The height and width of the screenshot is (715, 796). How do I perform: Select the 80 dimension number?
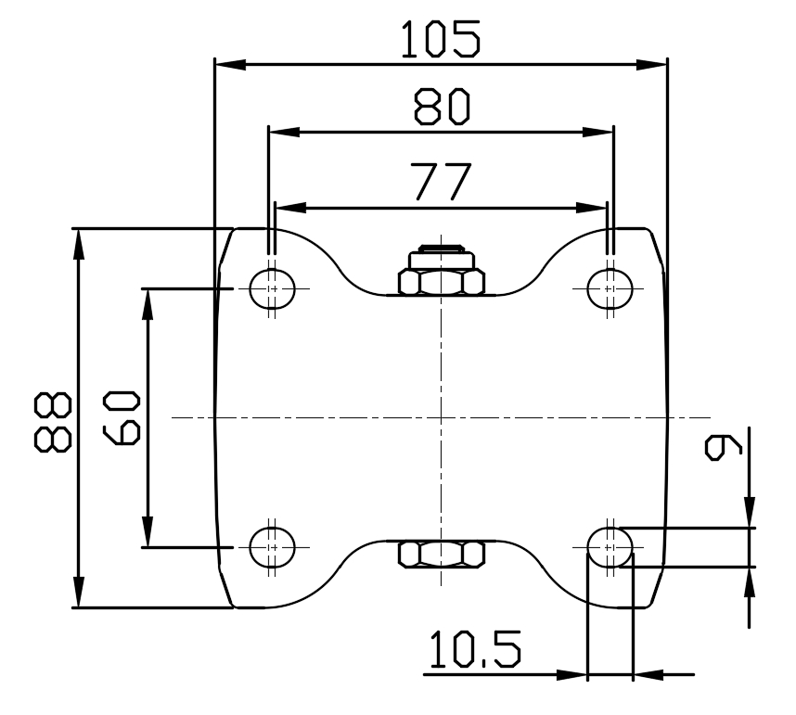pyautogui.click(x=442, y=108)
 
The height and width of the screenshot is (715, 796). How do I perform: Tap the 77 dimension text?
pyautogui.click(x=442, y=183)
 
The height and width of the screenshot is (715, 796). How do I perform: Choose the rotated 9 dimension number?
pyautogui.click(x=725, y=445)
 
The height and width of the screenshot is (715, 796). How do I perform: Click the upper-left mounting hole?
pyautogui.click(x=271, y=287)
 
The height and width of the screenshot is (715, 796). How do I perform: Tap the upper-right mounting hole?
pyautogui.click(x=610, y=287)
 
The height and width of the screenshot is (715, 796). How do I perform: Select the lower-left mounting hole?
pyautogui.click(x=271, y=546)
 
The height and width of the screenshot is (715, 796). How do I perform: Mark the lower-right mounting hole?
pyautogui.click(x=610, y=546)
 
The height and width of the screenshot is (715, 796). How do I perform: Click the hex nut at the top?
pyautogui.click(x=441, y=282)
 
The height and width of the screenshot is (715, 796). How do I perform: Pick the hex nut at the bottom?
pyautogui.click(x=441, y=555)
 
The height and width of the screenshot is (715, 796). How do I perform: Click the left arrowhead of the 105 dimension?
pyautogui.click(x=227, y=64)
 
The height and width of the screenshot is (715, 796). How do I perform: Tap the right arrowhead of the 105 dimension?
pyautogui.click(x=655, y=64)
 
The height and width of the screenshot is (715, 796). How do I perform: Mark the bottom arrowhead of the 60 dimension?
pyautogui.click(x=147, y=535)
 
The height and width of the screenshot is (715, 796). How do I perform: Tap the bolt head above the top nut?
pyautogui.click(x=441, y=252)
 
